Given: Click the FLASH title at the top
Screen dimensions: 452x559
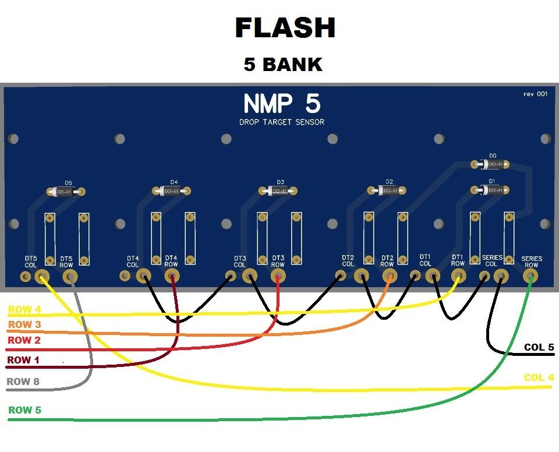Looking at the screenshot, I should coord(285,27).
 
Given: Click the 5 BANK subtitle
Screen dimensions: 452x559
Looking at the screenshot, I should coord(283,65).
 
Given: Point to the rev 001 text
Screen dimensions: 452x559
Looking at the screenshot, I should coord(535,94).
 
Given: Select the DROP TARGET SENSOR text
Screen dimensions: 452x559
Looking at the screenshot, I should coord(281,122).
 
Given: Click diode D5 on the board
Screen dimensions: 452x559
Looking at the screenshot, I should coord(68,191).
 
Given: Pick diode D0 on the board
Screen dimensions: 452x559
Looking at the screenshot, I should coord(493,164).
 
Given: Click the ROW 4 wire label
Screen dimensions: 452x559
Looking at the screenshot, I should coord(24,309).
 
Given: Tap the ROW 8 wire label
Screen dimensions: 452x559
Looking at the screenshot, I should coord(24,382).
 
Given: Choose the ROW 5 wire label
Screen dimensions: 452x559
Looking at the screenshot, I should coord(24,410).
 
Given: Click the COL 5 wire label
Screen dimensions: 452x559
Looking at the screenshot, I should coord(539,347).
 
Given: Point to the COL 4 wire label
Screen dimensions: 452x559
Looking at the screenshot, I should coord(539,377).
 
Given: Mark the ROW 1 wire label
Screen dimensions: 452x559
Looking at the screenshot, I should coord(23,360).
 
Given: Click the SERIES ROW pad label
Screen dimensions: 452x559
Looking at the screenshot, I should coord(532,262).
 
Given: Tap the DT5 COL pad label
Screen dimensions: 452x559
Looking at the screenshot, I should coord(31,262).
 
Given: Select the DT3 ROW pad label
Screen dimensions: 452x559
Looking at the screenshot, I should coord(278,262).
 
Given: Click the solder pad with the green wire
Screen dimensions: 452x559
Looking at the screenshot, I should coord(530,277).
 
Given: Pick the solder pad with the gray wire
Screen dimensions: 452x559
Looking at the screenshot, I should coord(70,277).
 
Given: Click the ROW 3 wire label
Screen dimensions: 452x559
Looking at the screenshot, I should coord(24,324).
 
